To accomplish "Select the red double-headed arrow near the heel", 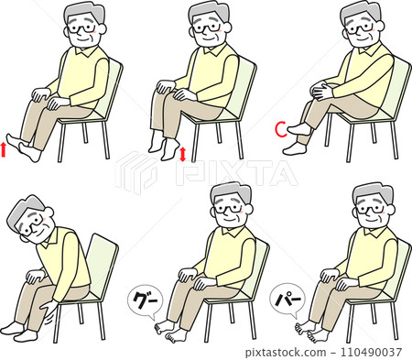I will [183, 155].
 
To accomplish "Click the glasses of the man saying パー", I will [370, 210].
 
